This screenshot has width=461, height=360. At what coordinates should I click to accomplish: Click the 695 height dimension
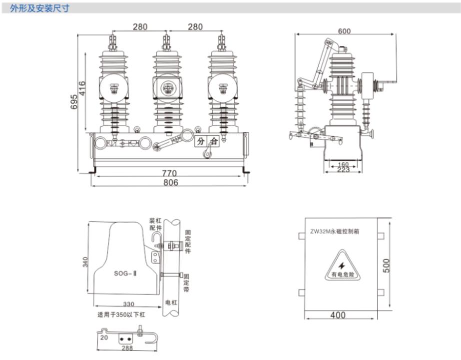(73, 103)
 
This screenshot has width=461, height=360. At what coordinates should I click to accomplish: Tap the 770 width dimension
(169, 173)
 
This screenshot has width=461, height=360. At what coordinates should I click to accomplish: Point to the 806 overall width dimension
(170, 183)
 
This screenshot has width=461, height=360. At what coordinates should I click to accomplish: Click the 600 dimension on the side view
(344, 30)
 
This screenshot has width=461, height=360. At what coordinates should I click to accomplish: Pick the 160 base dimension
(343, 164)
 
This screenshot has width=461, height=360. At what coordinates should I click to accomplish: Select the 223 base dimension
(343, 171)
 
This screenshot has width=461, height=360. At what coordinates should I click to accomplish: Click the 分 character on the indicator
(201, 141)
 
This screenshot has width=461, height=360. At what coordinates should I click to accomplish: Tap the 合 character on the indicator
(213, 141)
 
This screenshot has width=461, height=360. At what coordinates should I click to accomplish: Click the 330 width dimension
(127, 304)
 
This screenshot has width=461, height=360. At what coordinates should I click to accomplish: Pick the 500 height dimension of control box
(387, 265)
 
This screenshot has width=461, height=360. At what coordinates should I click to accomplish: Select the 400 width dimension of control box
(338, 315)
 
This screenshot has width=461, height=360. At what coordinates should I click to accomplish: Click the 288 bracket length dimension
(127, 348)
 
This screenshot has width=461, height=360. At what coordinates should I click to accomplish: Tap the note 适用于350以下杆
(122, 315)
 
